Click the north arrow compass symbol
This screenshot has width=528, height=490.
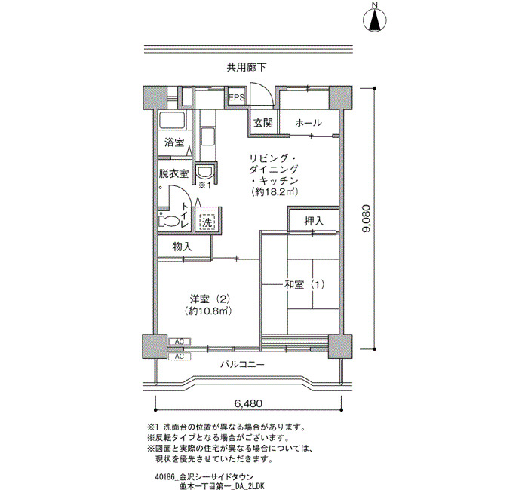pyautogui.click(x=375, y=20)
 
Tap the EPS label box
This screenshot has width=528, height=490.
pyautogui.click(x=236, y=97)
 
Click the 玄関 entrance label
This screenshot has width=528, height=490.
pyautogui.click(x=263, y=123)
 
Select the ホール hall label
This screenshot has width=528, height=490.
pyautogui.click(x=308, y=123)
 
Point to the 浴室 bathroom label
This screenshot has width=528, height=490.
pyautogui.click(x=173, y=142)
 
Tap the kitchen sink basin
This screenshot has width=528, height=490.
pyautogui.click(x=207, y=137)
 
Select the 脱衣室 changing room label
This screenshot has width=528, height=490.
pyautogui.click(x=173, y=173)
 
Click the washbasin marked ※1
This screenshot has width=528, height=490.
pyautogui.click(x=204, y=171)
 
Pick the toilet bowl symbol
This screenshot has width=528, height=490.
pyautogui.click(x=169, y=221)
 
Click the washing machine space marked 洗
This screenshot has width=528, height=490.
pyautogui.click(x=207, y=222)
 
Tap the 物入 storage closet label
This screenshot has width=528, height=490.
pyautogui.click(x=182, y=247)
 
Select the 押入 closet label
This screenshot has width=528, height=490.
pyautogui.click(x=314, y=221)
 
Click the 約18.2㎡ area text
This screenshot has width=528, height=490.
pyautogui.click(x=275, y=192)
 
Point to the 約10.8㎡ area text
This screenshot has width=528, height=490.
pyautogui.click(x=209, y=311)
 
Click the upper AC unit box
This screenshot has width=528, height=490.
pyautogui.click(x=180, y=341)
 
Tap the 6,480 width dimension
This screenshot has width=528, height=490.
pyautogui.click(x=248, y=403)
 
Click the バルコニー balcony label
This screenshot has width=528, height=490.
pyautogui.click(x=242, y=364)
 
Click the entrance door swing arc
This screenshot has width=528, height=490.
pyautogui.click(x=269, y=91)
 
